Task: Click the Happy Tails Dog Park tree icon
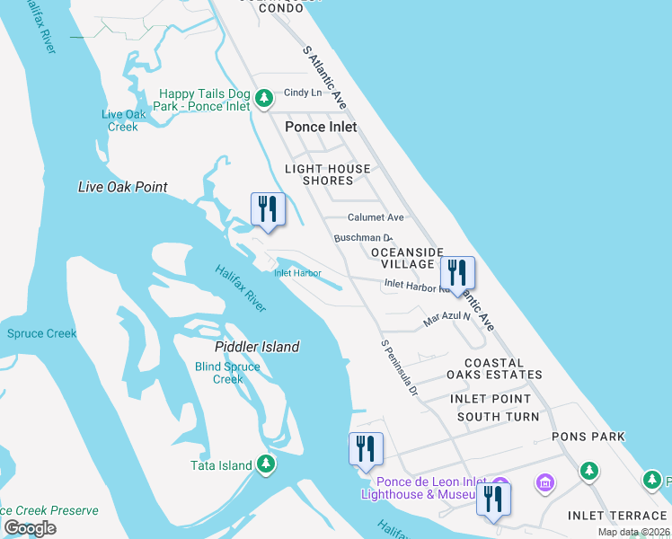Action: [263, 98]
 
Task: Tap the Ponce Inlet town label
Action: [321, 127]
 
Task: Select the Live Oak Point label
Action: [123, 187]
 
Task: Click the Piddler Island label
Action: [257, 347]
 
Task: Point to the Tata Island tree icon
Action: [265, 464]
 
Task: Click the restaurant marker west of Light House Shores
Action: [267, 209]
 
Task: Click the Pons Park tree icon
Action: [588, 470]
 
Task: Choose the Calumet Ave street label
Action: [376, 217]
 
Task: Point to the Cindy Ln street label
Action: [303, 93]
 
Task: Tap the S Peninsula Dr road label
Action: [400, 367]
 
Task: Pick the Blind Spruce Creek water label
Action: [227, 373]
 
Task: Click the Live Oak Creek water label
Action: [124, 120]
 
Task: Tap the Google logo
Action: [30, 528]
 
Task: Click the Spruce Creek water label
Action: [42, 334]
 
